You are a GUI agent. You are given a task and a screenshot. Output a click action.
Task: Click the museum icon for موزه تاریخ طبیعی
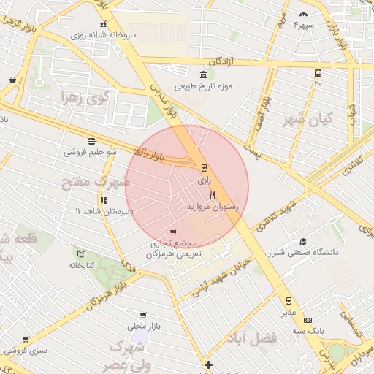202,75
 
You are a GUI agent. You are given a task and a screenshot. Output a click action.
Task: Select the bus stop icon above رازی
204,167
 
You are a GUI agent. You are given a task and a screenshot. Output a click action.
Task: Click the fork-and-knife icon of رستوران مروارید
212,195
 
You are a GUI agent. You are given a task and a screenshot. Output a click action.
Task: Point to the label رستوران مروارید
209,207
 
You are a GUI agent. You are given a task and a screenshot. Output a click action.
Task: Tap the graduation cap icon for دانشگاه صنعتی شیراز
302,242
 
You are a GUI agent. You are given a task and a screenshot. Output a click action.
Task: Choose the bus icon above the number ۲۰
318,73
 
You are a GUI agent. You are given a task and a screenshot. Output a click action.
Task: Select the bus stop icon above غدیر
289,300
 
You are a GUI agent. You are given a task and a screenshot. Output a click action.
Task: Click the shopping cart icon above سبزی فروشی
26,340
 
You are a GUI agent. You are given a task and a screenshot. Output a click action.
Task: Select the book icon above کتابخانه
81,254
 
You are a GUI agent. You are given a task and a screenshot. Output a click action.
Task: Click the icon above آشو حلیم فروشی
91,141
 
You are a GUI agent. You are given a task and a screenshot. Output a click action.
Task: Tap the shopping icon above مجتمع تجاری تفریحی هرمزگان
172,232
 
